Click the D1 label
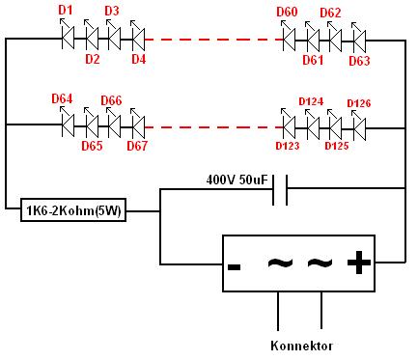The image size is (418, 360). point(66,11)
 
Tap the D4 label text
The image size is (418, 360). point(139,59)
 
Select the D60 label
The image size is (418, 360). point(287,13)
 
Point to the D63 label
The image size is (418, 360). point(359,61)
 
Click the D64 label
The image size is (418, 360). point(62,98)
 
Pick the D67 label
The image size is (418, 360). point(137,146)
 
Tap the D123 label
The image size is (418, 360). point(288,146)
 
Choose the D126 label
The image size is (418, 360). point(359,103)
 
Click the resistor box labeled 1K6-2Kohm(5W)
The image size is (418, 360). point(73,210)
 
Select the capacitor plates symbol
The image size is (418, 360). point(280,190)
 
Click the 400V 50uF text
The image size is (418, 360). point(237,180)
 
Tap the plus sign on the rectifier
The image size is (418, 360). point(359,263)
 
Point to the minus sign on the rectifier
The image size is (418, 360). point(234,266)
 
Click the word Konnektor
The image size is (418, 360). point(301,346)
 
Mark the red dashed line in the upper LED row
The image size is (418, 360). point(214,40)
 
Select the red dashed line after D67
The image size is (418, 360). point(214,127)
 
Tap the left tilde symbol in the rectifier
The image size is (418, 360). point(280,263)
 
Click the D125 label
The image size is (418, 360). point(337,146)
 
